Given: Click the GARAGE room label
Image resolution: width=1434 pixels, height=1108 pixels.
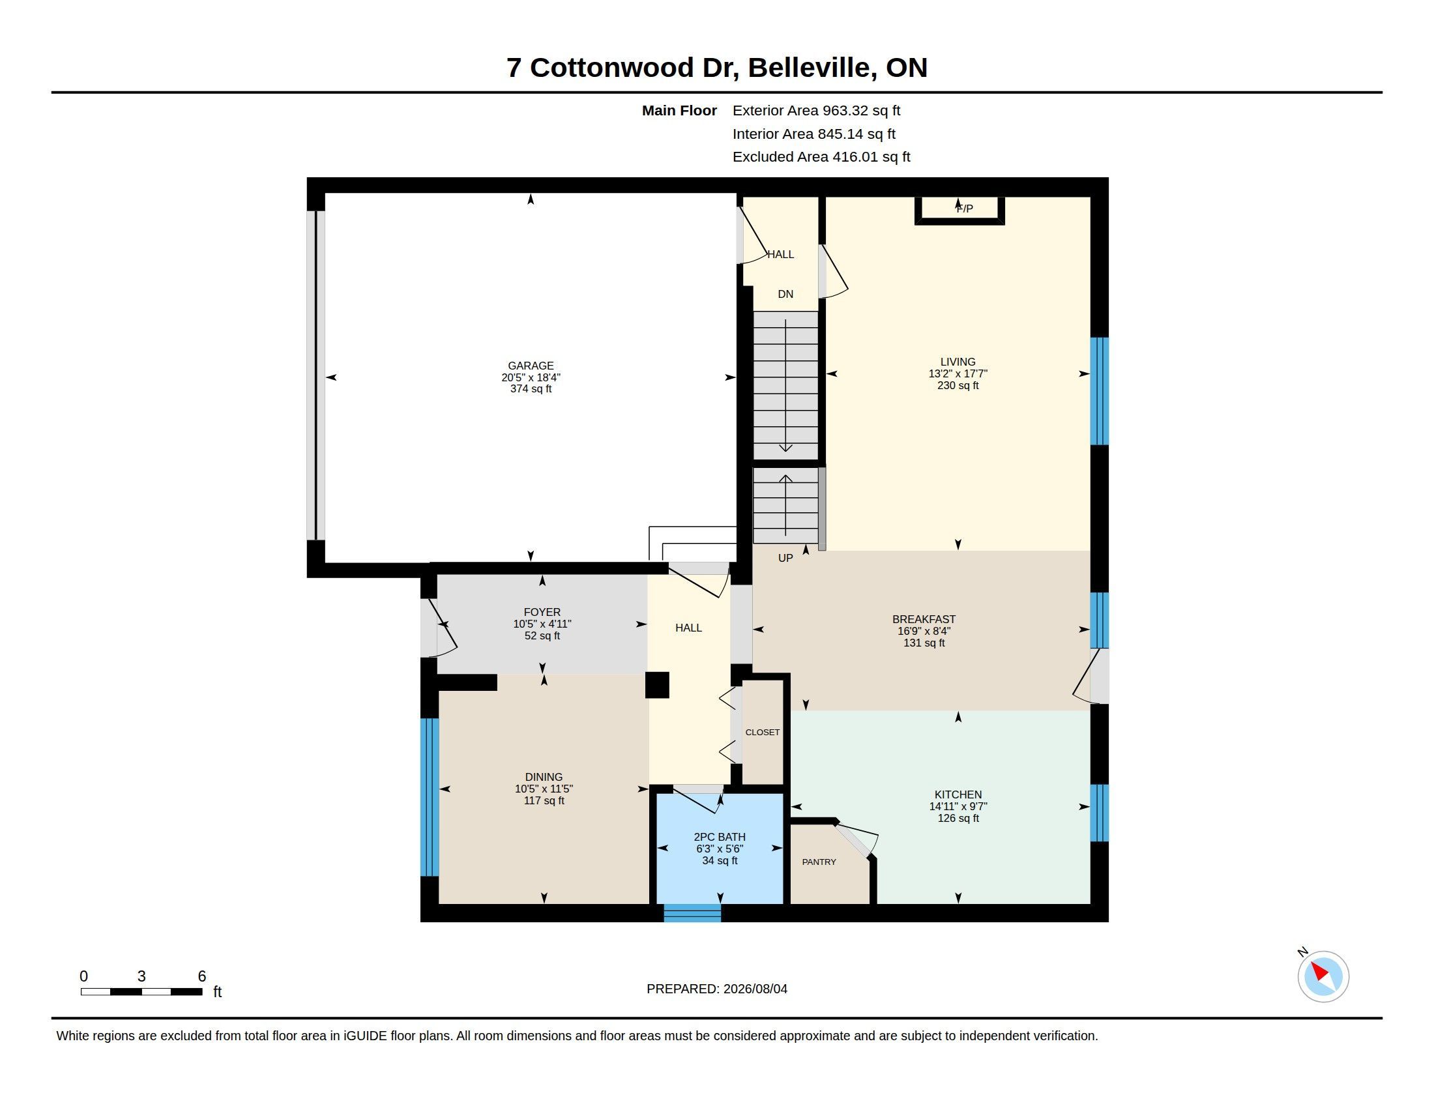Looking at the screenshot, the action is tap(531, 366).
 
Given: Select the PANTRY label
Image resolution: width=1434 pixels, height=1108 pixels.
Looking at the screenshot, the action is tap(819, 862).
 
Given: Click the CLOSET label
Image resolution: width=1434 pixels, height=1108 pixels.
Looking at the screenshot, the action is tap(763, 732).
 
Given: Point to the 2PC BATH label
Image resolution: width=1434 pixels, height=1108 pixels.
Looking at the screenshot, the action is tap(720, 837).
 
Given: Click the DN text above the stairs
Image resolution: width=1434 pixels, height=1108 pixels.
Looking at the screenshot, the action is tap(785, 294).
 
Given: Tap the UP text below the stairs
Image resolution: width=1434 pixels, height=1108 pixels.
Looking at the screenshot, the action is tap(785, 558).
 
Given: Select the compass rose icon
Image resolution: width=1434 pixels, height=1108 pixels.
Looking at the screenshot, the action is tap(1323, 976).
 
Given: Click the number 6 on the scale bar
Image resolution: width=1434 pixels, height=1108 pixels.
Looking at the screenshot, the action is tap(201, 976).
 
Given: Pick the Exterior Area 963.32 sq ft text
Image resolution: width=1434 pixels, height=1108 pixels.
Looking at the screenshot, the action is tap(816, 110).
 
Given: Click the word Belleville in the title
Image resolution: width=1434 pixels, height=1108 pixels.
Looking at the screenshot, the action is tap(812, 68).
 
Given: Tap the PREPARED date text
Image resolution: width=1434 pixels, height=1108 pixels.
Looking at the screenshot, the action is tap(717, 989).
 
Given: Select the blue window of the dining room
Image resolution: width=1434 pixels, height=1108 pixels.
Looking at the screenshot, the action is tap(430, 797).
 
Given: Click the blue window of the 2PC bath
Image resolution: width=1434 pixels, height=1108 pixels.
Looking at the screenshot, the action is tap(692, 913).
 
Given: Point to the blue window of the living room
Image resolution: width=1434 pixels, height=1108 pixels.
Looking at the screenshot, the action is tap(1099, 391).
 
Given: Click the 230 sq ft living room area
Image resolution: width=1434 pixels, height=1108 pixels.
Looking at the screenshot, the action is tap(958, 385).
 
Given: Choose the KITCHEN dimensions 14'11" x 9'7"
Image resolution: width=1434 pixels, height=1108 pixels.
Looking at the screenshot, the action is tap(958, 806).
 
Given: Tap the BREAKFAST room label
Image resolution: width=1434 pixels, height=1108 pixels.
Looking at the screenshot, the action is tap(924, 619).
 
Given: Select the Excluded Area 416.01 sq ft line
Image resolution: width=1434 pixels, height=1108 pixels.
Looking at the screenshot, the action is tap(821, 157).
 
